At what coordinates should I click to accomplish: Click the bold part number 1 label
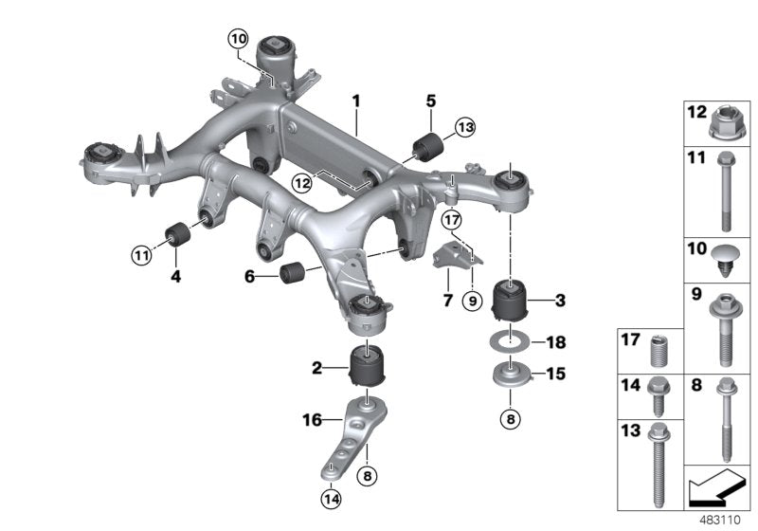pos(356,99)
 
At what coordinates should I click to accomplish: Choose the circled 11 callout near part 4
pos(141,253)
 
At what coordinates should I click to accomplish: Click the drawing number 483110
pos(722,519)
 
